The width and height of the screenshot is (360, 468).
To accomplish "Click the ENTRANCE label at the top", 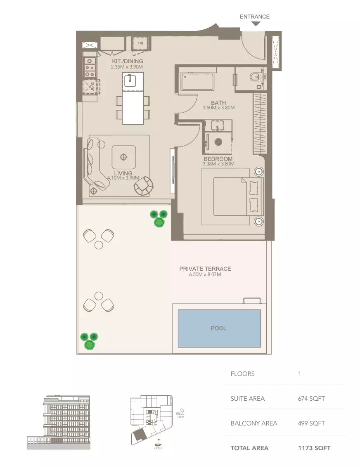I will click(x=254, y=17).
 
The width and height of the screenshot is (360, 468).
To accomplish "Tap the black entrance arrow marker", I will click(x=256, y=24).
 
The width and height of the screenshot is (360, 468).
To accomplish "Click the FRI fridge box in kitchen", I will click(x=140, y=43).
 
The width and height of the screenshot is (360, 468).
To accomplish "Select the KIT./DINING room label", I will click(x=127, y=61).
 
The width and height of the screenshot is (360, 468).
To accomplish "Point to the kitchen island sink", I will click(x=130, y=79).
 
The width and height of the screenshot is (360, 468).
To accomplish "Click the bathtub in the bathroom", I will click(x=197, y=82).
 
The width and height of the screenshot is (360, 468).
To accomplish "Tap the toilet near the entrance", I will click(x=257, y=76).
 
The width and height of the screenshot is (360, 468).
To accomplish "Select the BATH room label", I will click(x=218, y=103).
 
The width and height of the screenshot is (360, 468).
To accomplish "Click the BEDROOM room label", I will click(x=218, y=159).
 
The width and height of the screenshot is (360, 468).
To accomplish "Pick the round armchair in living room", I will click(x=143, y=186).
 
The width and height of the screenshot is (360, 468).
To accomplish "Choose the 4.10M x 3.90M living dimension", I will click(x=123, y=178).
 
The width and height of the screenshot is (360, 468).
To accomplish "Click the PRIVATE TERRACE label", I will click(x=205, y=269).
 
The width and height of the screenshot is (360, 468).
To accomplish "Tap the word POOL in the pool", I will click(x=219, y=329).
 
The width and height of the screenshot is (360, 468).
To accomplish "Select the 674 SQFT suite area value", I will click(x=311, y=399).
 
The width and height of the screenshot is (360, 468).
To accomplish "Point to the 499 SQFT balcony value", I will click(x=311, y=423).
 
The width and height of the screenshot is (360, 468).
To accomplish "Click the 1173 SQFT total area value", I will click(x=314, y=448).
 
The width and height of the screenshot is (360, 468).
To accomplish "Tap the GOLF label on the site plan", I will click(x=158, y=448).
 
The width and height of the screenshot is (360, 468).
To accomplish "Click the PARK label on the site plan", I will click(x=180, y=417).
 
